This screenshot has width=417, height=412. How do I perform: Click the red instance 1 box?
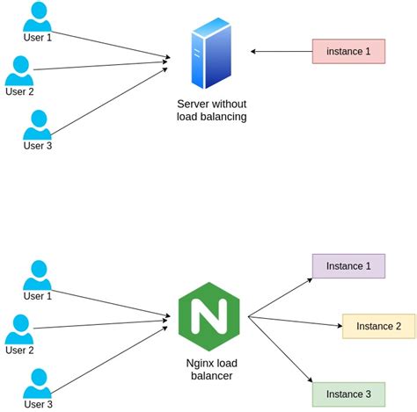point(348,51)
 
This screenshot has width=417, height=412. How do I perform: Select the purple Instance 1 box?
point(348,266)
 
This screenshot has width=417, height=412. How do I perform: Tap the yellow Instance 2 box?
point(378,326)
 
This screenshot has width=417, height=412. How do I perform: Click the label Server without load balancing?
point(211,110)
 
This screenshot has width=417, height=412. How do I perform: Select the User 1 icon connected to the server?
point(37,17)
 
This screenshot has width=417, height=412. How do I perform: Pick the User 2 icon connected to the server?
point(19,70)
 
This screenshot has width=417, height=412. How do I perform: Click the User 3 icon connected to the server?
point(37,124)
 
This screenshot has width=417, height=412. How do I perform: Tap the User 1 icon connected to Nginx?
point(37,274)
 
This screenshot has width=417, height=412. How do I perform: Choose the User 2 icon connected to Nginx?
point(19,329)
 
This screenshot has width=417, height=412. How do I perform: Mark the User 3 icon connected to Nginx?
point(37,383)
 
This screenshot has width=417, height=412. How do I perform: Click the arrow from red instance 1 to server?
point(282,51)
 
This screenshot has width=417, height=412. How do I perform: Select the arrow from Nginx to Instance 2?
point(295,322)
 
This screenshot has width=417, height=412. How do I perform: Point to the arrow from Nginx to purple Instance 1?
point(280,298)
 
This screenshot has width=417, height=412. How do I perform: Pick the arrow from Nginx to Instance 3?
point(280,349)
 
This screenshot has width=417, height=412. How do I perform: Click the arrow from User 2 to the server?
point(101,65)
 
